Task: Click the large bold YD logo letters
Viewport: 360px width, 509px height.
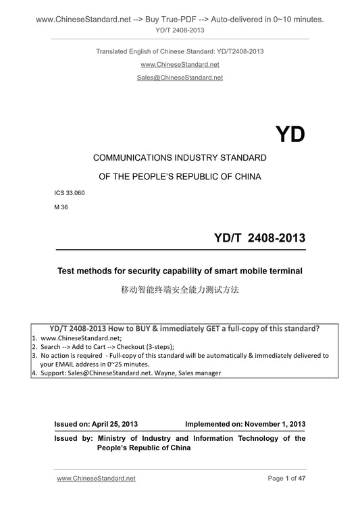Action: [x=290, y=134]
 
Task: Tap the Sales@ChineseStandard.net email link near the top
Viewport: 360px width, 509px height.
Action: [x=180, y=78]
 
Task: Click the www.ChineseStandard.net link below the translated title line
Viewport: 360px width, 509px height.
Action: [x=180, y=64]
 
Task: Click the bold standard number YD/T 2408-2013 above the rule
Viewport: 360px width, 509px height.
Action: [x=259, y=238]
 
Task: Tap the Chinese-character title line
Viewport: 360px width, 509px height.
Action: [x=180, y=292]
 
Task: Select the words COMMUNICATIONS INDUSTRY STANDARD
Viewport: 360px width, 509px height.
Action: [x=180, y=158]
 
